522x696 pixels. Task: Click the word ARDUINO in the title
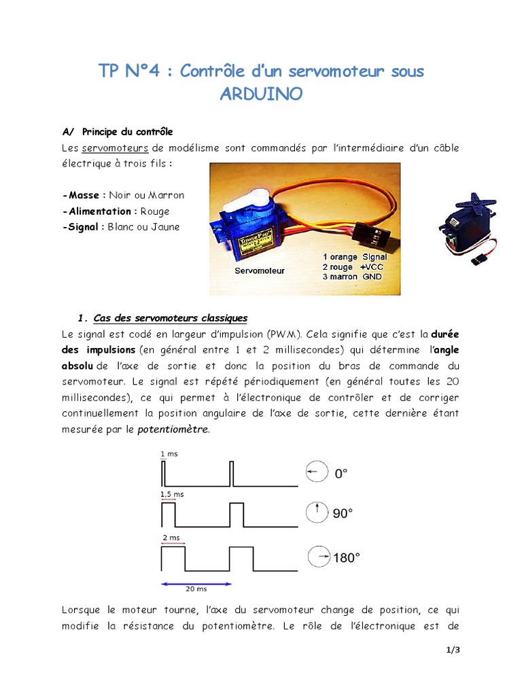click(261, 94)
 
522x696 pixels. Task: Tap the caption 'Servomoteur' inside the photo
click(260, 271)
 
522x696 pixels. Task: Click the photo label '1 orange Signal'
click(355, 258)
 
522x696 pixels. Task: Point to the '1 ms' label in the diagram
click(167, 453)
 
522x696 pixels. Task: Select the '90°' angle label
click(343, 514)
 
